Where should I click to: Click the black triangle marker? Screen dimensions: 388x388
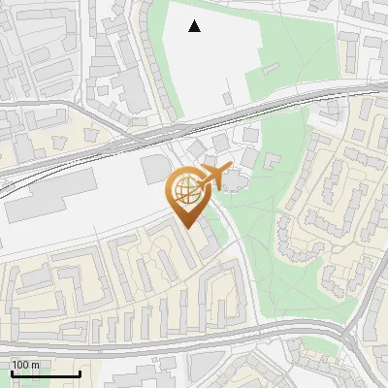(195, 26)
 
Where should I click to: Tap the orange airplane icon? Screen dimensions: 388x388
(213, 176)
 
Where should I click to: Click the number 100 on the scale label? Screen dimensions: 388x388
(21, 365)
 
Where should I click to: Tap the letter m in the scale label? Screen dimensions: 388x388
(36, 365)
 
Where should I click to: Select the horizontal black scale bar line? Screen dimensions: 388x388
(46, 373)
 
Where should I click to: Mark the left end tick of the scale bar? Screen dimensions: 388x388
(13, 372)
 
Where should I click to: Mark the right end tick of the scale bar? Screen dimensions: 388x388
(80, 372)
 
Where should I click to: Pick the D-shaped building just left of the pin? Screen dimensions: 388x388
(155, 169)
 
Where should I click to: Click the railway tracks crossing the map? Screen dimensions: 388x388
(97, 150)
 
